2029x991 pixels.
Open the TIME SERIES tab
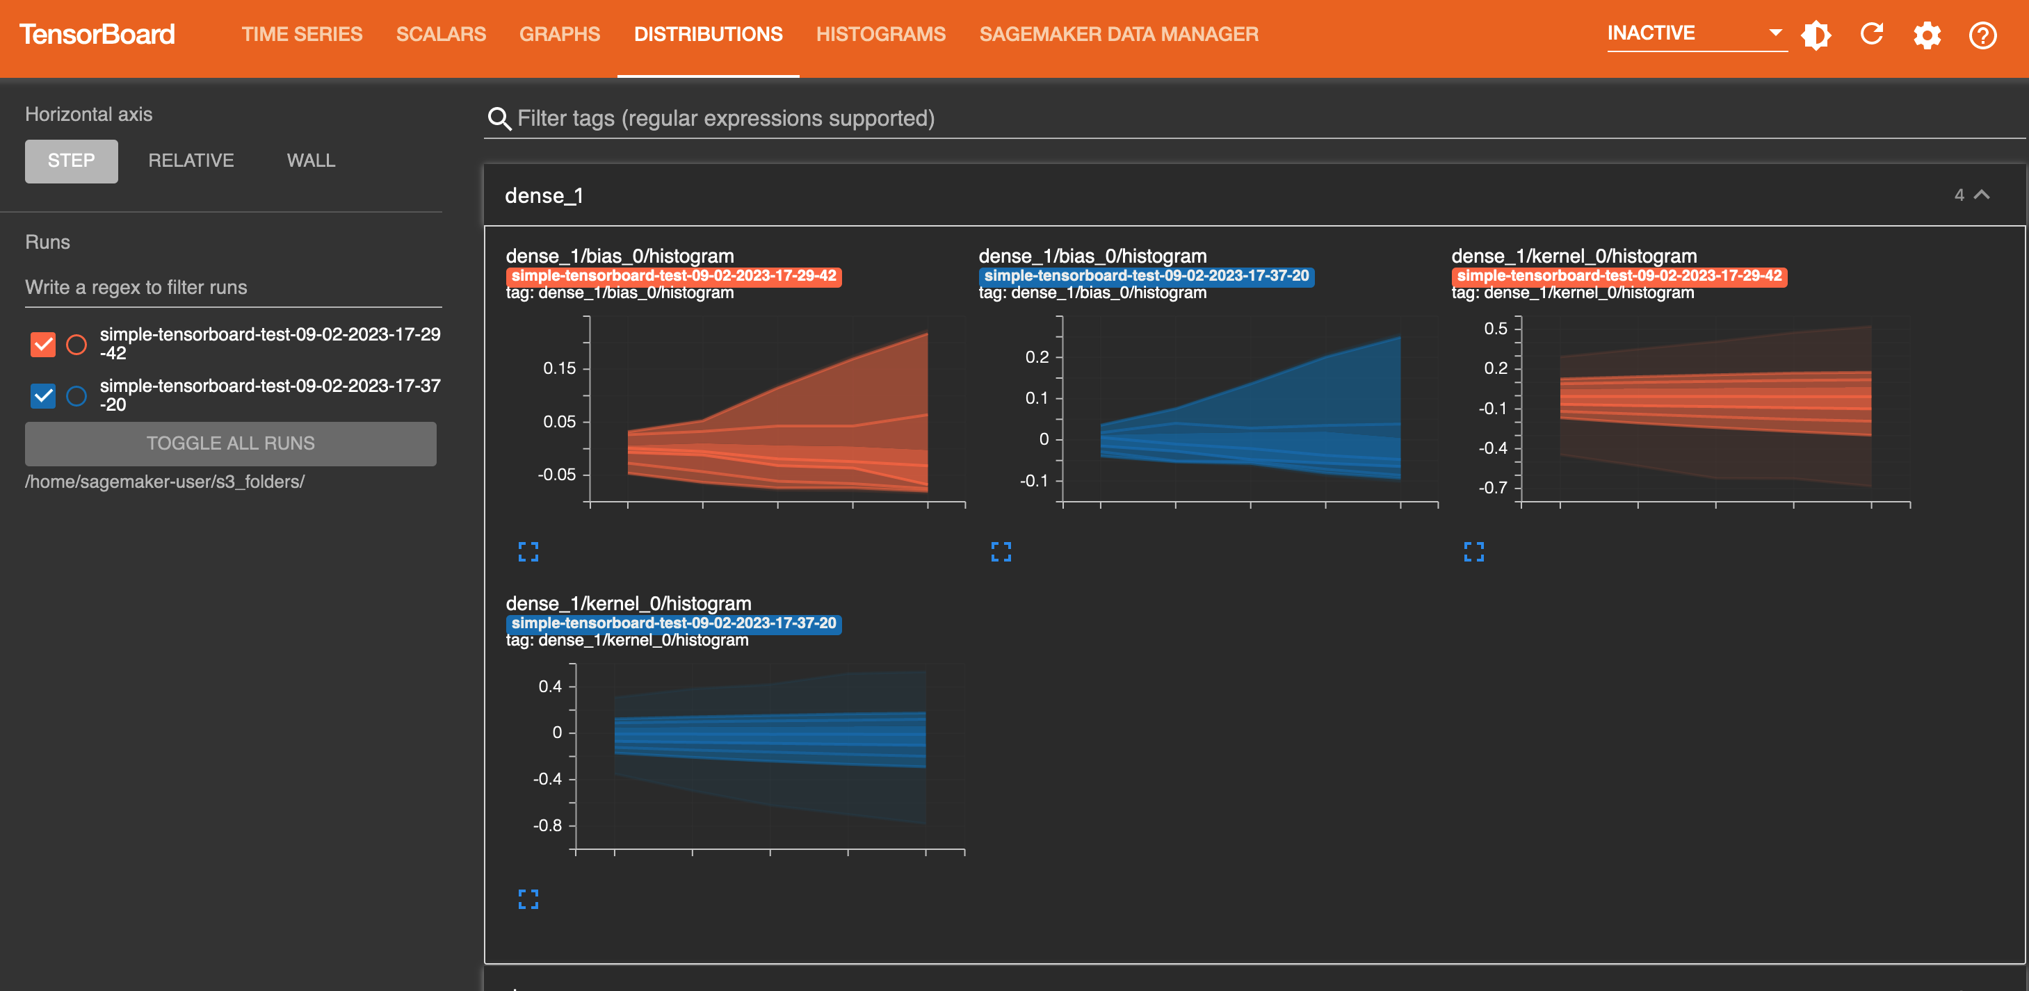[x=302, y=35]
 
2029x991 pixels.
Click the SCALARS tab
[x=440, y=35]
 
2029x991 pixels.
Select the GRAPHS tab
[x=559, y=35]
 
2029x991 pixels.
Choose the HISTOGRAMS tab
[x=880, y=35]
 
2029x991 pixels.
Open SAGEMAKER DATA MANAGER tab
[x=1119, y=35]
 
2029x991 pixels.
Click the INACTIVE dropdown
[x=1695, y=34]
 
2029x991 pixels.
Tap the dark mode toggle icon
[x=1816, y=35]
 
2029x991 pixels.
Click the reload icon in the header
[x=1871, y=35]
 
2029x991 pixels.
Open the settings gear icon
[x=1927, y=35]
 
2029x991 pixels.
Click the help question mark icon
[x=1982, y=35]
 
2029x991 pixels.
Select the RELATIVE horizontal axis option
[x=191, y=161]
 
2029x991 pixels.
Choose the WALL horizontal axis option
[x=310, y=161]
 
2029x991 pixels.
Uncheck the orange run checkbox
[x=43, y=344]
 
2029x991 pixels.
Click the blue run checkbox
[x=43, y=395]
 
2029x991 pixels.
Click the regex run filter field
[x=232, y=287]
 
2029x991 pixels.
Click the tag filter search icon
[x=499, y=119]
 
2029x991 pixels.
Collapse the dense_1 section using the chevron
[x=1982, y=195]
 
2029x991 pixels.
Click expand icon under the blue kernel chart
[x=528, y=899]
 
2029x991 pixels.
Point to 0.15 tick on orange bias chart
[x=559, y=368]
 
